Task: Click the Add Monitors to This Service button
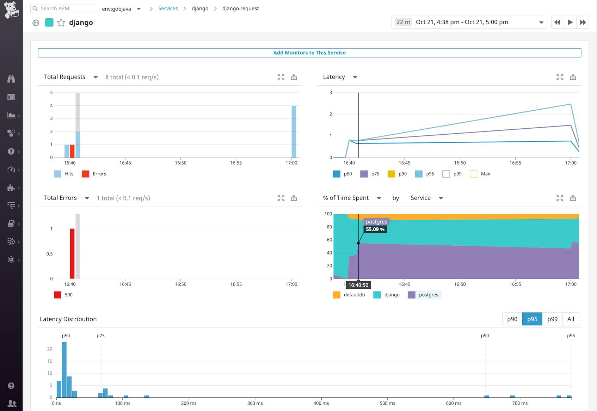pos(309,53)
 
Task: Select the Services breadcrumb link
pos(168,8)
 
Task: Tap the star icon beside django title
pos(61,23)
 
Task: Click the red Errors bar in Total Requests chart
pos(72,151)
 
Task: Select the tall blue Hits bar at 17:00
pos(294,131)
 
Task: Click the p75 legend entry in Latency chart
pos(370,174)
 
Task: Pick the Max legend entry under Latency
pos(480,174)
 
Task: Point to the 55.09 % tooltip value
pos(375,229)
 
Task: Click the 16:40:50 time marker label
pos(358,285)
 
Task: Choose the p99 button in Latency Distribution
pos(552,319)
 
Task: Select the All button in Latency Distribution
pos(571,319)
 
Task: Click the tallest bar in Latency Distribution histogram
pos(64,370)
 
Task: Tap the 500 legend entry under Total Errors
pos(63,295)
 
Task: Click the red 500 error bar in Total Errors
pos(72,254)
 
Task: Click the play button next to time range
pos(570,22)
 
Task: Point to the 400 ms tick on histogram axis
pos(321,403)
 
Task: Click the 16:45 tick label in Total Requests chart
pos(125,163)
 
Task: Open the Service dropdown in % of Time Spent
pos(426,198)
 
